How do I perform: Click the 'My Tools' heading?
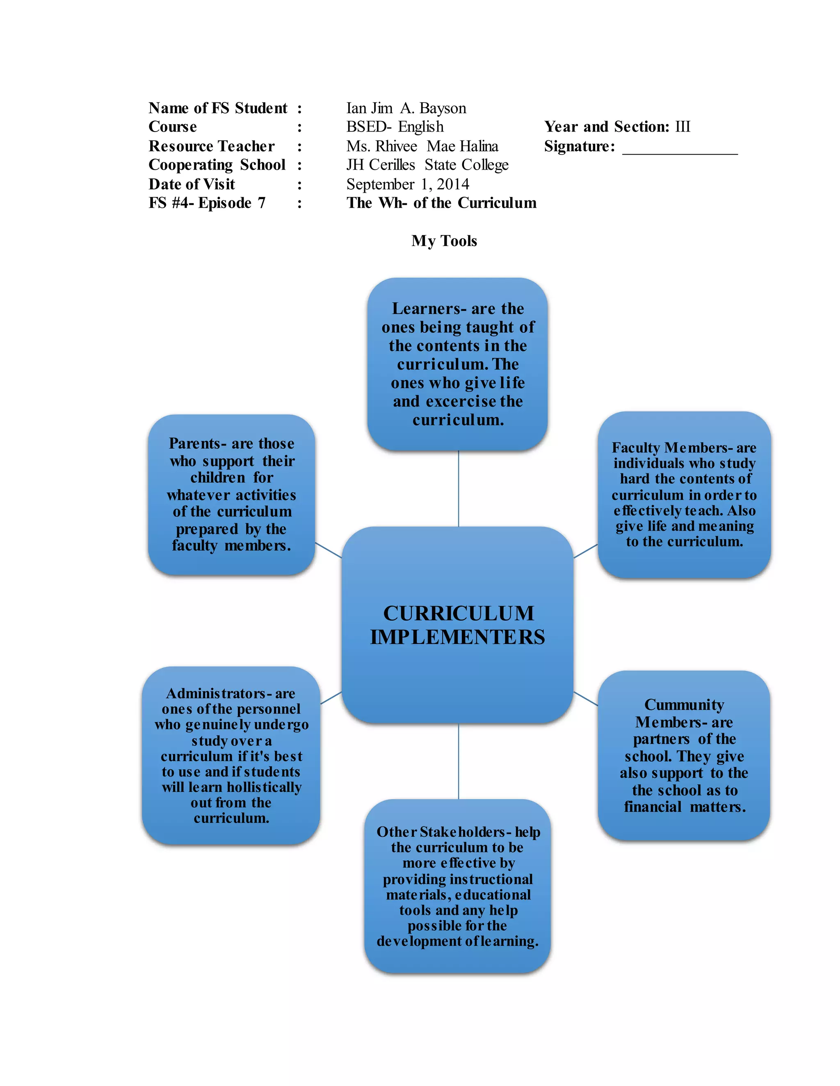[x=444, y=241]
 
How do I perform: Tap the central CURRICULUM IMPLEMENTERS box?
[x=457, y=625]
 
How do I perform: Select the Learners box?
[x=457, y=364]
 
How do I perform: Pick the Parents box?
[x=231, y=495]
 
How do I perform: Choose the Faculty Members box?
[x=684, y=495]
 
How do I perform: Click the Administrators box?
[x=231, y=755]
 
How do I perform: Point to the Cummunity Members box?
[x=684, y=755]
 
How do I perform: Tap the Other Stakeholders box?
[x=457, y=886]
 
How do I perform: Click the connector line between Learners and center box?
[x=458, y=488]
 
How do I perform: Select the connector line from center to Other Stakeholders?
[x=458, y=761]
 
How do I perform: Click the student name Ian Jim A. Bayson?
[x=406, y=109]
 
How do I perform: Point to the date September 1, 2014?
[x=408, y=184]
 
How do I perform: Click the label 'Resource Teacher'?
[x=212, y=146]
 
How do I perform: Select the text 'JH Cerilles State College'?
[x=427, y=165]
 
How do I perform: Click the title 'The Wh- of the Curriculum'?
[x=441, y=203]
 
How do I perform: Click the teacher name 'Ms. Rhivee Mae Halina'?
[x=422, y=146]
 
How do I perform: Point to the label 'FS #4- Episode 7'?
[x=207, y=203]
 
